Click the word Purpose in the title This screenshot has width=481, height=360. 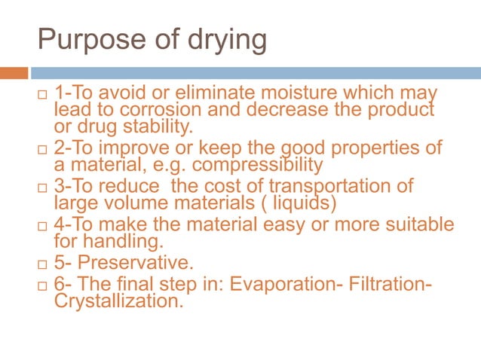[82, 40]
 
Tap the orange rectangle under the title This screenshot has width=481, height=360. [14, 73]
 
